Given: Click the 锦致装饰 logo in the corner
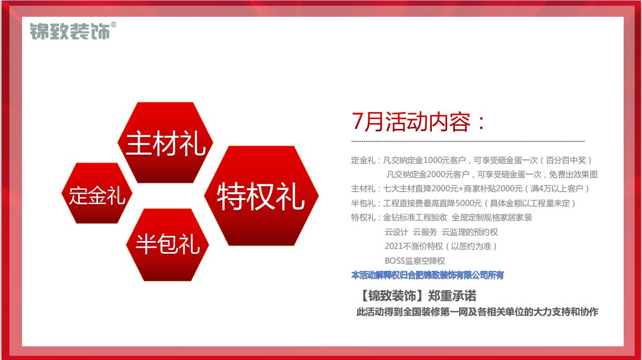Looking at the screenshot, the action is (x=70, y=31).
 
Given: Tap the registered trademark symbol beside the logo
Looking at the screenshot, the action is (x=114, y=25).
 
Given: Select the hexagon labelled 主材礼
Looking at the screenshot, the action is (x=166, y=143).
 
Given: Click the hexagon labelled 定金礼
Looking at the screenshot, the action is (x=97, y=193).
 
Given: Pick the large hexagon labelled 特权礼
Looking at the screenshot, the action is (x=262, y=196).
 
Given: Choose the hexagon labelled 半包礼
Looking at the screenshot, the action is (x=168, y=245).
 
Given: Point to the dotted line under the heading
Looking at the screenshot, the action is (x=468, y=141).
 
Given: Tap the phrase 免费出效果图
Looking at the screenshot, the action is (x=573, y=174).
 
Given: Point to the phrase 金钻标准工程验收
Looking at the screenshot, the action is (x=415, y=217).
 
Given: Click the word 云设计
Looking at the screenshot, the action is (x=396, y=232).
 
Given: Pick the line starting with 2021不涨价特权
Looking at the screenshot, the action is (x=441, y=246).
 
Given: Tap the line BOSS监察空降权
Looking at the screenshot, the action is (x=415, y=261).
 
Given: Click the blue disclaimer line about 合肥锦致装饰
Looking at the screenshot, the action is (x=427, y=275).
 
